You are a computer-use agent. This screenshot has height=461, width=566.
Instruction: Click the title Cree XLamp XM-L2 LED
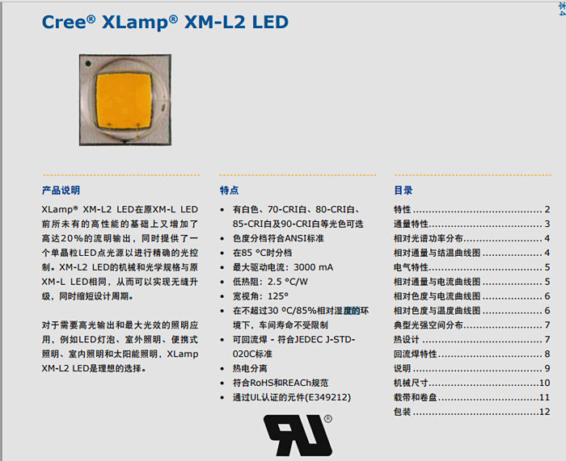pos(164,23)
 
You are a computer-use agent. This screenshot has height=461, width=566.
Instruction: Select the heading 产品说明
pos(61,191)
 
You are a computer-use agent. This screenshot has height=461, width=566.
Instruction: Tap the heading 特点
pos(229,191)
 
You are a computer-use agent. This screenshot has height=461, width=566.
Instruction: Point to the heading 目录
pos(403,191)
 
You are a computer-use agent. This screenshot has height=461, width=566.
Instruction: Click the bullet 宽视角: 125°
pos(260,296)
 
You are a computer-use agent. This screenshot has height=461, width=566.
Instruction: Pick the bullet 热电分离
pos(251,368)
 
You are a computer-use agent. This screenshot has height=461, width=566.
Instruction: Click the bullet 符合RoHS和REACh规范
pos(281,383)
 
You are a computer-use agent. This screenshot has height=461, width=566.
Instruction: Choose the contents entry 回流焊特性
pos(415,354)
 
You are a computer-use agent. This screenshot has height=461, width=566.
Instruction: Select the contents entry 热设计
pos(405,340)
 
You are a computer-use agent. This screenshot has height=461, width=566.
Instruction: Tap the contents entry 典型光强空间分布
pos(429,325)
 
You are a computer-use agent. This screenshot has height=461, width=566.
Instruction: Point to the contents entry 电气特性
pos(410,267)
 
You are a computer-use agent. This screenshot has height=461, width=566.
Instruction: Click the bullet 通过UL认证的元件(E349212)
pos(292,397)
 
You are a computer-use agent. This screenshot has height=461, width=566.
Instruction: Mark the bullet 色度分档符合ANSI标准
pos(278,238)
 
